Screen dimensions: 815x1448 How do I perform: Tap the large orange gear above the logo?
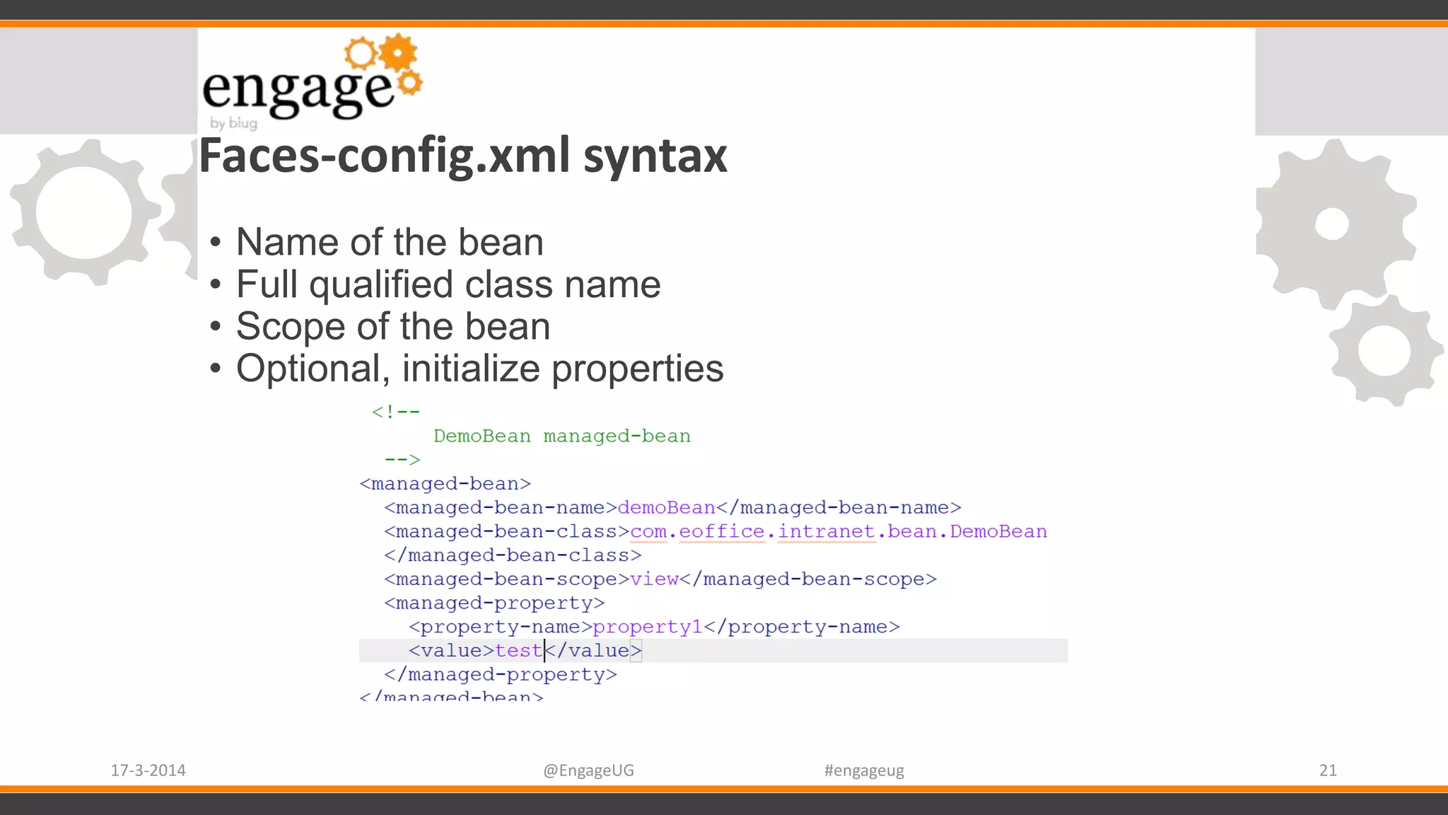(x=398, y=53)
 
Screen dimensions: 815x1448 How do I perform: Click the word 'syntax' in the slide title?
(x=655, y=156)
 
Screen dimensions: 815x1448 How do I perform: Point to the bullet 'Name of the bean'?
(x=390, y=243)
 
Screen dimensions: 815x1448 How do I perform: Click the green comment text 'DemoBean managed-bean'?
(x=562, y=436)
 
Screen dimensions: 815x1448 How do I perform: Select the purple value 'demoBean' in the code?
(x=666, y=508)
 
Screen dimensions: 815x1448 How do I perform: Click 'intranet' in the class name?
(x=827, y=531)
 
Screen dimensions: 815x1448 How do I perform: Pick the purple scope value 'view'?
(x=654, y=579)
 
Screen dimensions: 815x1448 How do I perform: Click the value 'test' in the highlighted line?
(x=518, y=651)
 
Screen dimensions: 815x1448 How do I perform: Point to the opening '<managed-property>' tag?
(x=494, y=603)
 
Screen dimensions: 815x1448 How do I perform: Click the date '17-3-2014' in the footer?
(x=148, y=770)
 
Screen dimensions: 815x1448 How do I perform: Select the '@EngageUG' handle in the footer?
(x=588, y=770)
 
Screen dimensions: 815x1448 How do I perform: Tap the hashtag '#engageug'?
(x=864, y=770)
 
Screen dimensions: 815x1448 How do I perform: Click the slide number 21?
(x=1328, y=770)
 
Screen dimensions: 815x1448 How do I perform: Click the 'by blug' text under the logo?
(x=233, y=123)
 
